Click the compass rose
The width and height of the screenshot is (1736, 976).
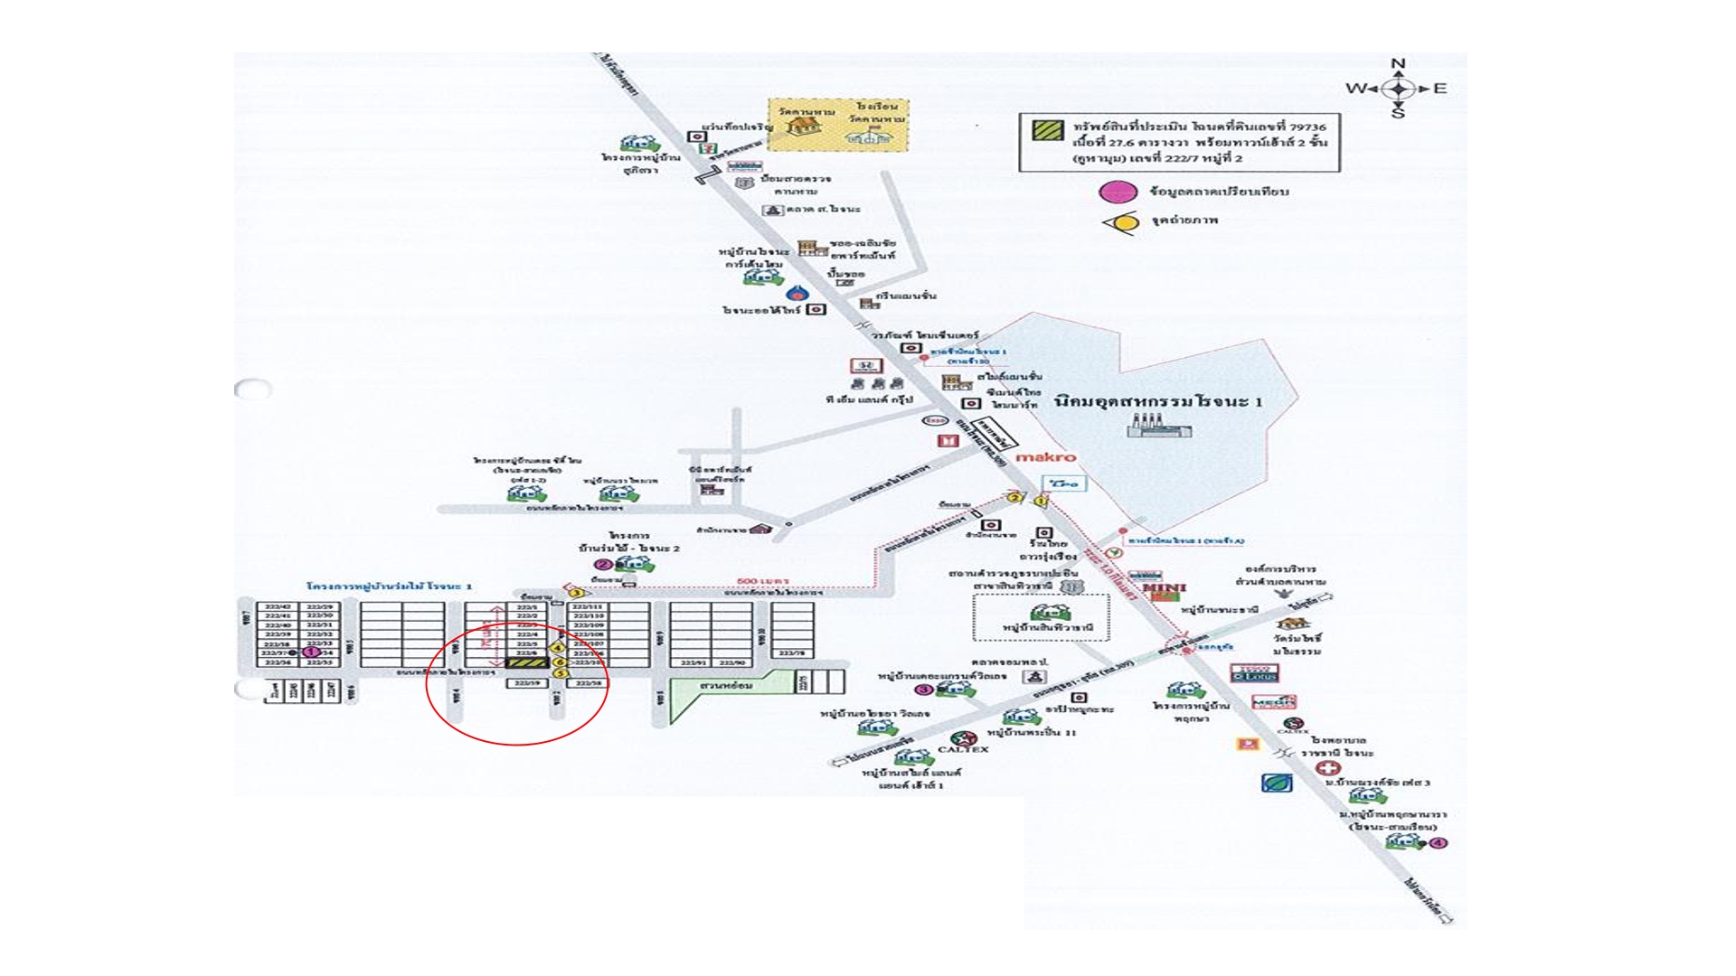point(1398,89)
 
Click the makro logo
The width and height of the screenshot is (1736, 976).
point(1046,457)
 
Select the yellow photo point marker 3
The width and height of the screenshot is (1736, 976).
point(576,593)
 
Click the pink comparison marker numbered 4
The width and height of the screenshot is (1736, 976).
point(1439,843)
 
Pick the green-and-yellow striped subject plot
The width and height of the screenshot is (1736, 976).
point(525,662)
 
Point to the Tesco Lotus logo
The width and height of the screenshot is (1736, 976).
point(1253,674)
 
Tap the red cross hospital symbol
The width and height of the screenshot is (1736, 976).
point(1326,768)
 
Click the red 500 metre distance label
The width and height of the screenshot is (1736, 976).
point(763,581)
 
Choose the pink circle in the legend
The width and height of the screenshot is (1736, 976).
point(1118,192)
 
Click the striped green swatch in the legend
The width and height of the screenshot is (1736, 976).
point(1048,129)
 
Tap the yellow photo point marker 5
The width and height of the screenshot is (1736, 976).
point(561,673)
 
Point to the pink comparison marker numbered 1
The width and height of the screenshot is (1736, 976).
point(310,652)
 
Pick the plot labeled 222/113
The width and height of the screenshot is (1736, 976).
point(589,606)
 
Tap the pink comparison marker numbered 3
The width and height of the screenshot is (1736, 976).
point(923,690)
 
